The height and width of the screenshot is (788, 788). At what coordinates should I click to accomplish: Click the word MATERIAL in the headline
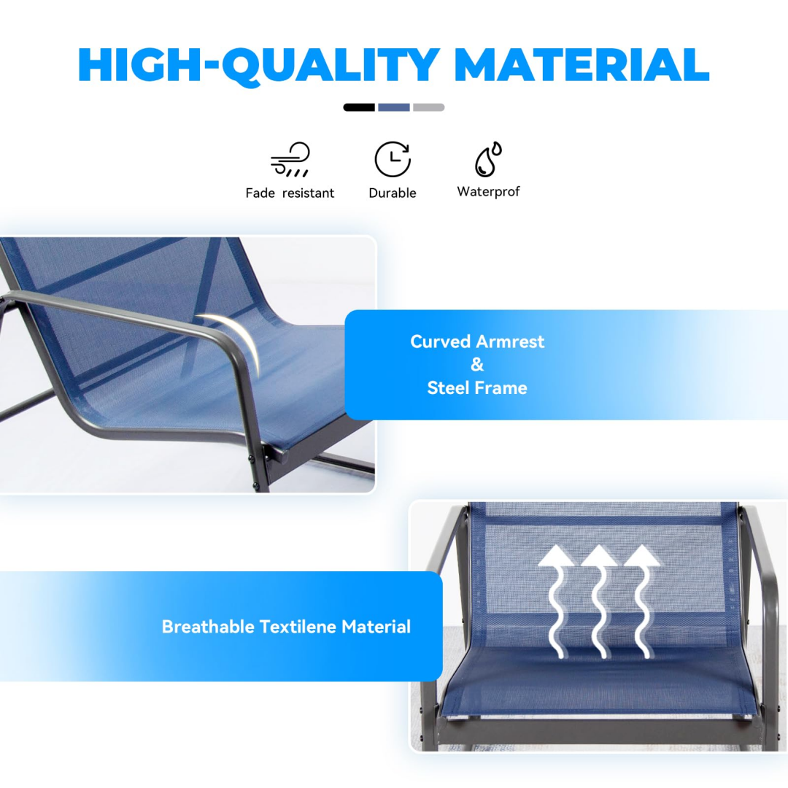pyautogui.click(x=581, y=65)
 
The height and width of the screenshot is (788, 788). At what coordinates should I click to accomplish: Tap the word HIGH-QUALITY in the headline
pyautogui.click(x=258, y=65)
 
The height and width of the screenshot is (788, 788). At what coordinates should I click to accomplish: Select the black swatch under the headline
pyautogui.click(x=359, y=107)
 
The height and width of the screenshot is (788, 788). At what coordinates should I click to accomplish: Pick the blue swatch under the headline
pyautogui.click(x=394, y=107)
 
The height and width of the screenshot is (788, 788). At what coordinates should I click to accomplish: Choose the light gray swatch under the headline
pyautogui.click(x=428, y=107)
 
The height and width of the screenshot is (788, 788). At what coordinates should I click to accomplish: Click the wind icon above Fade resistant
pyautogui.click(x=290, y=159)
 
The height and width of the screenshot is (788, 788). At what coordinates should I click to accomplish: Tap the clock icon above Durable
pyautogui.click(x=393, y=159)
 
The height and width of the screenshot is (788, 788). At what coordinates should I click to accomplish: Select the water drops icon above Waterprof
pyautogui.click(x=488, y=159)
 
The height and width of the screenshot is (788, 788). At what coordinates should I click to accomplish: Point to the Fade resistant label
pyautogui.click(x=290, y=193)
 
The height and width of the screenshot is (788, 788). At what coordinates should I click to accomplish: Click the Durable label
pyautogui.click(x=393, y=193)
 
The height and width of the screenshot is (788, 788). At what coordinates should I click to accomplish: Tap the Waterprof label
pyautogui.click(x=488, y=192)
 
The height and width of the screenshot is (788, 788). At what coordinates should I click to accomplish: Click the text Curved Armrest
pyautogui.click(x=477, y=341)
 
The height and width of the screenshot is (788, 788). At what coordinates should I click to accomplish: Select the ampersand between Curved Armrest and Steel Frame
pyautogui.click(x=477, y=365)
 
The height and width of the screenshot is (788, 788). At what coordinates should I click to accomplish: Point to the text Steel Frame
pyautogui.click(x=477, y=388)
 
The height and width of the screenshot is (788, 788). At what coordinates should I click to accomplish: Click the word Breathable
pyautogui.click(x=208, y=627)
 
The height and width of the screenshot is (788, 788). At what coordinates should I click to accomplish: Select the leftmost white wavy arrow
pyautogui.click(x=558, y=602)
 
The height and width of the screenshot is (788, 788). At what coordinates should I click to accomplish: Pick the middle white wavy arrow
pyautogui.click(x=600, y=602)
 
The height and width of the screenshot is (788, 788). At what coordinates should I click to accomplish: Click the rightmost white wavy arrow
pyautogui.click(x=641, y=602)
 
